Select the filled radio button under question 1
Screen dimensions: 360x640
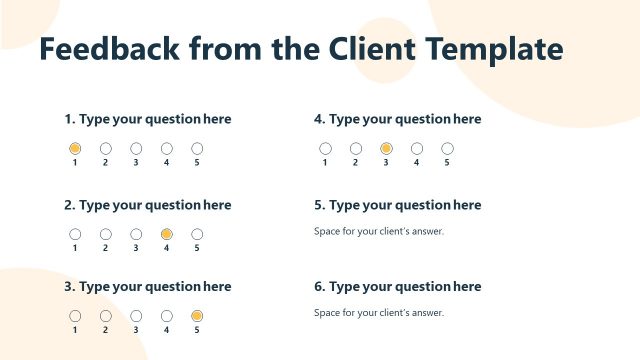75,148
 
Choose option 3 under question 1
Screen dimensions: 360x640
136,148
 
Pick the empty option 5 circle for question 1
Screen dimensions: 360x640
197,148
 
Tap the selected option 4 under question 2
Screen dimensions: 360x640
167,234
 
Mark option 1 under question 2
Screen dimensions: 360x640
75,234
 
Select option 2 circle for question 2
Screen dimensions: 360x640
105,234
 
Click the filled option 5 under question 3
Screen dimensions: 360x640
197,316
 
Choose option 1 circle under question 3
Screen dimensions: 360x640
75,316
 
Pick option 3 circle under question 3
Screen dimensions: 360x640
136,316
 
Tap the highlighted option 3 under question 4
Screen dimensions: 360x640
386,148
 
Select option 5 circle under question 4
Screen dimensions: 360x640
447,148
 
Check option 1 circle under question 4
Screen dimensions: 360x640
325,148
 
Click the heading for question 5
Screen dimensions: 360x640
397,205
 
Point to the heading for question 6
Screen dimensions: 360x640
397,287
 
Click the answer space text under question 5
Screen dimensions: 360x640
379,231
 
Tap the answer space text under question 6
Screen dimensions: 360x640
379,313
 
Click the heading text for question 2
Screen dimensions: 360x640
148,205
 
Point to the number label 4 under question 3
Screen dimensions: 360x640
167,330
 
